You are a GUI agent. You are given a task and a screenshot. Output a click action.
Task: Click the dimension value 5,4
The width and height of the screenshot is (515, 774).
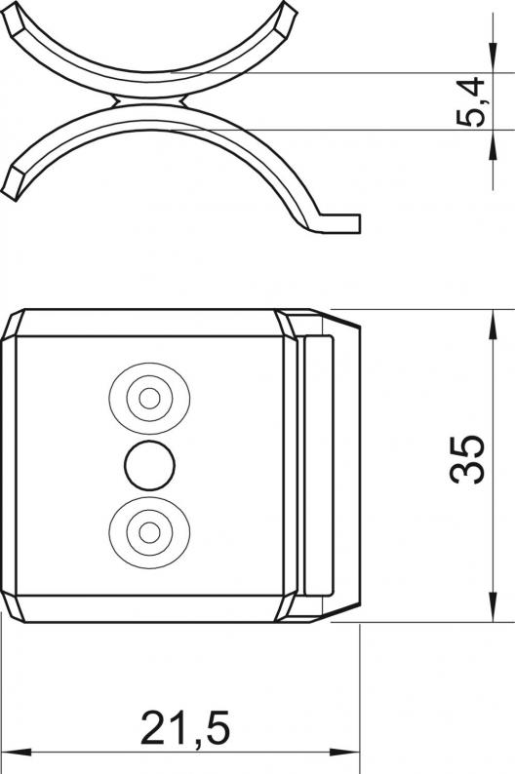pyautogui.click(x=469, y=101)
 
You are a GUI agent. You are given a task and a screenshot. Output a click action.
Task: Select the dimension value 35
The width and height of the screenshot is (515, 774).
pyautogui.click(x=467, y=458)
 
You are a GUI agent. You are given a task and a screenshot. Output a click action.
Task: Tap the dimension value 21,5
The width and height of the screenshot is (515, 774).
pyautogui.click(x=185, y=727)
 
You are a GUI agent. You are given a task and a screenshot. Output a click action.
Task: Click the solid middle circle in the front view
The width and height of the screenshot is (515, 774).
pyautogui.click(x=149, y=466)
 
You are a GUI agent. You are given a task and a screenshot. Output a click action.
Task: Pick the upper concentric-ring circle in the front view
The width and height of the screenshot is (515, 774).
pyautogui.click(x=149, y=398)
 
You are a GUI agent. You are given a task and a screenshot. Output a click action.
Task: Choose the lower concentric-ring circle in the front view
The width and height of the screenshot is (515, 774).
pyautogui.click(x=149, y=532)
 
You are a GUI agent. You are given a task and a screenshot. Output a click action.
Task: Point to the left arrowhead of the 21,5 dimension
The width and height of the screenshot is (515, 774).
pyautogui.click(x=16, y=753)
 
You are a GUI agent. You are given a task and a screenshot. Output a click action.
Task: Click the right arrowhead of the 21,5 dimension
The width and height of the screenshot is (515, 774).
pyautogui.click(x=344, y=753)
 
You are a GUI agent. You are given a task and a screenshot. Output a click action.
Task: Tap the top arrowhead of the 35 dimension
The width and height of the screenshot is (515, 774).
pyautogui.click(x=493, y=325)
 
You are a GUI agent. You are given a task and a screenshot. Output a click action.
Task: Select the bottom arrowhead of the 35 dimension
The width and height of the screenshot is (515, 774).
pyautogui.click(x=493, y=606)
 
